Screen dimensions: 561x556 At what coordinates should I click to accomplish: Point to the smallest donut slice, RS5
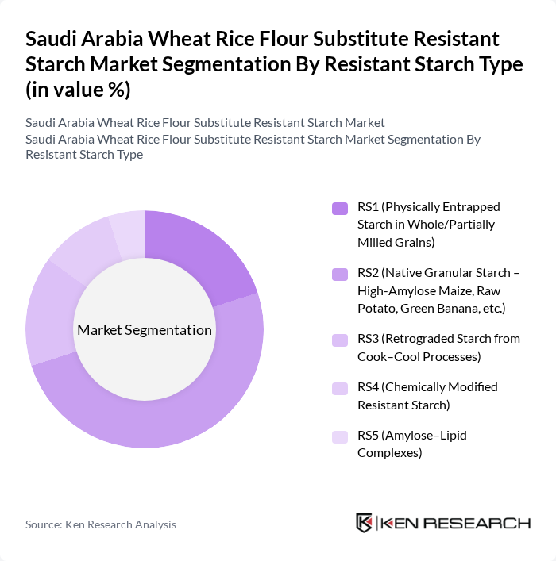127,233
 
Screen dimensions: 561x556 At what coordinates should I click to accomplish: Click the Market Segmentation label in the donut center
144,329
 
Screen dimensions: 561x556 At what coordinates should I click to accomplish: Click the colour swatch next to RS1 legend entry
340,208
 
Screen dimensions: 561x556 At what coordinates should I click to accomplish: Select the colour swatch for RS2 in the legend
340,274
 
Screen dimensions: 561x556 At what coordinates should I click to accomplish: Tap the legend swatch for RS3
340,340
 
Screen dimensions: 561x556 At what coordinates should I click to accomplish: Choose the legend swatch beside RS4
340,388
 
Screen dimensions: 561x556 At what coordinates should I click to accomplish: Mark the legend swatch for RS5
340,436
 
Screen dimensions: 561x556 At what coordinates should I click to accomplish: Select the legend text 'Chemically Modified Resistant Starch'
427,396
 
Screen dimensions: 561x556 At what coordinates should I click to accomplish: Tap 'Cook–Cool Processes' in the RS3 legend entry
419,356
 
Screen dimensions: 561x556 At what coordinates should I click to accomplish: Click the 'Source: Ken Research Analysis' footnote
101,524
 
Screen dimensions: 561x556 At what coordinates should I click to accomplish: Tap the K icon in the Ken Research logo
365,523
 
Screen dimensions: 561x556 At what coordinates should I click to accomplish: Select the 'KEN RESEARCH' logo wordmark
456,523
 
